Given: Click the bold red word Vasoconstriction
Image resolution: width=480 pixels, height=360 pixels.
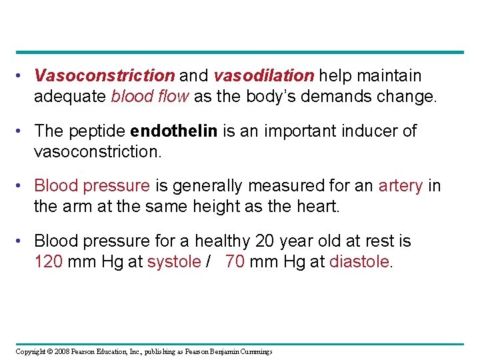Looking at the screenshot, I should (105, 76).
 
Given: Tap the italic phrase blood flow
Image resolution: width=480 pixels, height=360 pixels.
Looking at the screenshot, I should (152, 97).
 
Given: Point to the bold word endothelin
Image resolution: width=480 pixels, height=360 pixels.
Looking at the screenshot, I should (174, 131).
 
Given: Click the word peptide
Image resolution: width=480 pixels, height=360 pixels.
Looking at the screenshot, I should (95, 131).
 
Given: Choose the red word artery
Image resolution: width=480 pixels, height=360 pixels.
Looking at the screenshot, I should (400, 185).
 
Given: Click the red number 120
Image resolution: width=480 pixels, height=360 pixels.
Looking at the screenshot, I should (49, 261).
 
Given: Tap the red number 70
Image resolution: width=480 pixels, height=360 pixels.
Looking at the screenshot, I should (235, 261).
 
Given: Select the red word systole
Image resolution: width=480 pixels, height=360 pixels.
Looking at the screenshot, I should (173, 261).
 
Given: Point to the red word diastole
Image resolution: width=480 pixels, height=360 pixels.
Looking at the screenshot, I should (361, 261).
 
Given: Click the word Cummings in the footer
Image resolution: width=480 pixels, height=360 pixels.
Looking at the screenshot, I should (256, 351).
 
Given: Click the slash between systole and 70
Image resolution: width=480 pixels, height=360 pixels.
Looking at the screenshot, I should (209, 261).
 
